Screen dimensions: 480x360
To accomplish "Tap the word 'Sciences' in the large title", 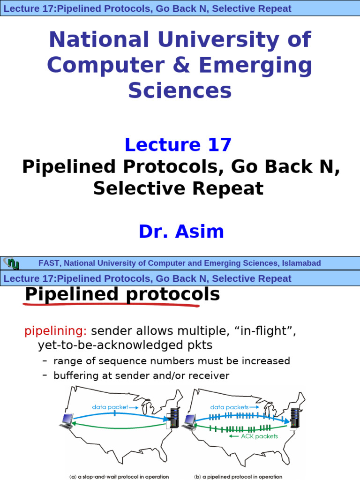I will tap(180, 90).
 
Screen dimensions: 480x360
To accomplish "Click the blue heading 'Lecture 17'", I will tap(178, 145).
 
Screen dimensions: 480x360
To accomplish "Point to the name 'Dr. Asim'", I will tap(181, 232).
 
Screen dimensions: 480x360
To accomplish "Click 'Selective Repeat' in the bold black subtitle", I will tap(178, 188).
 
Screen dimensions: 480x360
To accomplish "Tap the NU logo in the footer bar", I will tap(11, 263).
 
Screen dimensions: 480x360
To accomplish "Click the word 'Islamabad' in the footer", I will tap(301, 263).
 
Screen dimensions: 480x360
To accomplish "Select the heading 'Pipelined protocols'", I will tap(122, 295).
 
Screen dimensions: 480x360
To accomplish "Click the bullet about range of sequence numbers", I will tap(172, 361).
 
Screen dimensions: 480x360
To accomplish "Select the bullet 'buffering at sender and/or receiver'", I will tap(141, 375).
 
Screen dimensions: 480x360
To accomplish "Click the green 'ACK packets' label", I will tap(259, 436).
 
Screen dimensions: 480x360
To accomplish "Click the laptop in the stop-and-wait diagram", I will tap(66, 421).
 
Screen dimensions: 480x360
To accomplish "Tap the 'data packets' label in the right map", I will tap(230, 407).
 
